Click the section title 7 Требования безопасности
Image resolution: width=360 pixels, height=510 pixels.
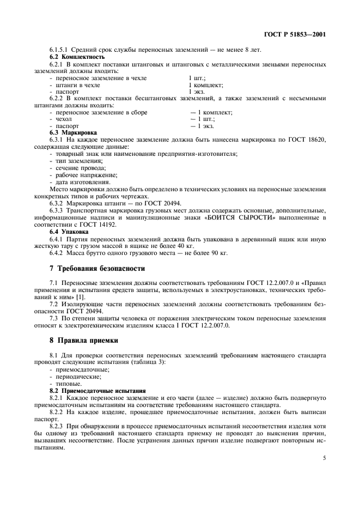[x=97, y=269]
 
